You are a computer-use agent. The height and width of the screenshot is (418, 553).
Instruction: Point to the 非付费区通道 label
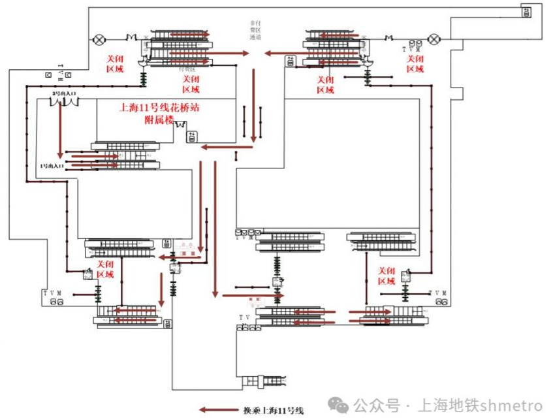[255, 31]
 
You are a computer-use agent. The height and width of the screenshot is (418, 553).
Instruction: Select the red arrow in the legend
[218, 410]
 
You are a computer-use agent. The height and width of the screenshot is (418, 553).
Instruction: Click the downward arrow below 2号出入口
[60, 131]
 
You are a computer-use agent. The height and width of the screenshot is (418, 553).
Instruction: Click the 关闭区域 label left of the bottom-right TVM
[387, 276]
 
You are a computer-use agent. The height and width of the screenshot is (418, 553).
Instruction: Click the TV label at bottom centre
[244, 317]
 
